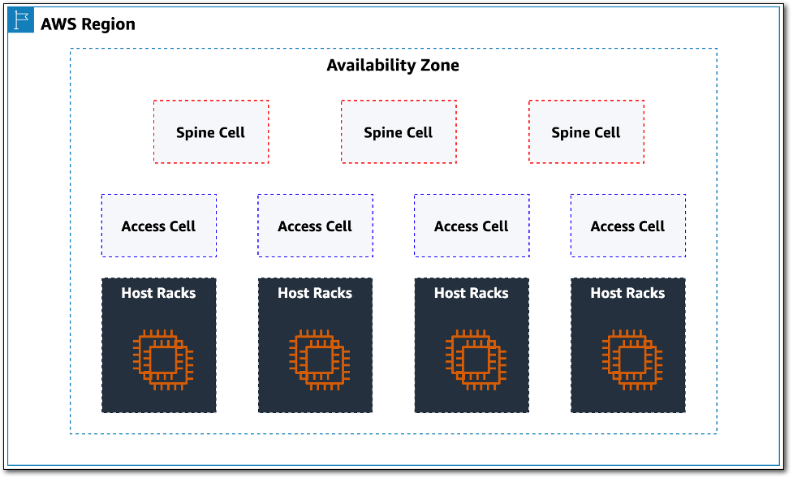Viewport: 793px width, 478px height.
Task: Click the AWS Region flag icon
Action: [x=20, y=20]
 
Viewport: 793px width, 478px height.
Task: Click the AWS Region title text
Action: [x=88, y=24]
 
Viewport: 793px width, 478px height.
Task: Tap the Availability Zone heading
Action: [x=393, y=65]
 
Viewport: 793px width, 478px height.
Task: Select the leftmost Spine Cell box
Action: [x=211, y=132]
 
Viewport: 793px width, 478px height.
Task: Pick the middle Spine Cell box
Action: [x=399, y=132]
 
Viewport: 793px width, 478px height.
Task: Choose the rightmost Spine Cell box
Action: [x=586, y=132]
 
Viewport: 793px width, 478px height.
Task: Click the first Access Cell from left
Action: [x=158, y=226]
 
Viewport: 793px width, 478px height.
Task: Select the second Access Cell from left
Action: [x=315, y=226]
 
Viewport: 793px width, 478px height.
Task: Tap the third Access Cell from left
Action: [x=472, y=226]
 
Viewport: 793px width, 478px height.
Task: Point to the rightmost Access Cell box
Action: [x=627, y=226]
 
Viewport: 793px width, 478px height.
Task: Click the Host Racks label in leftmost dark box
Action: [x=158, y=293]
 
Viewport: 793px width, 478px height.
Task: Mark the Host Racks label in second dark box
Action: [x=315, y=293]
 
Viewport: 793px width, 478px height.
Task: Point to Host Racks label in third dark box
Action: [x=472, y=293]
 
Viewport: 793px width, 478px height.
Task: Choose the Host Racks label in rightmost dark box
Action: [x=627, y=293]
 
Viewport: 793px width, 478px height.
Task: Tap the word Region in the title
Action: [x=109, y=24]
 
